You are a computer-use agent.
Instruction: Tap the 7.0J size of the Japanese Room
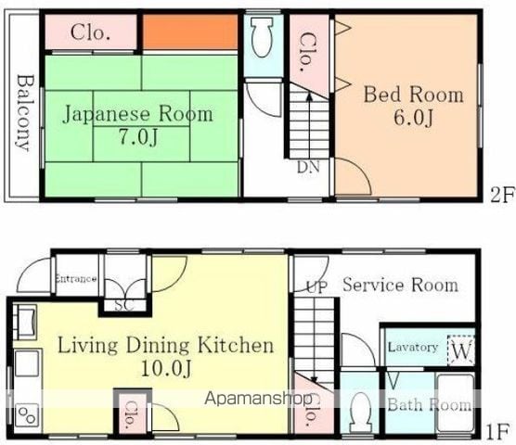(x=139, y=137)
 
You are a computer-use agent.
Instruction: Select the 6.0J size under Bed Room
(x=413, y=118)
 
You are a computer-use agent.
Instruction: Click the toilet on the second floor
(x=263, y=37)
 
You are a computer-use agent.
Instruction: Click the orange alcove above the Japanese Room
(x=190, y=32)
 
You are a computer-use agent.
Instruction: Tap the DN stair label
(x=308, y=167)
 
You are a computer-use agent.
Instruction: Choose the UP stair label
(x=316, y=287)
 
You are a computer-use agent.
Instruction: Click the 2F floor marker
(x=502, y=196)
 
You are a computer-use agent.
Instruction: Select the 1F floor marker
(x=497, y=432)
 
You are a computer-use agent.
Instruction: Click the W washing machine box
(x=461, y=350)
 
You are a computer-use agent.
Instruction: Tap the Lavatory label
(x=413, y=348)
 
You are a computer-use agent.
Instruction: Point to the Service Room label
(x=401, y=285)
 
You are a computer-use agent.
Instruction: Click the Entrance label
(x=76, y=279)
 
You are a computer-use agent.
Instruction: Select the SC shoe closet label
(x=124, y=306)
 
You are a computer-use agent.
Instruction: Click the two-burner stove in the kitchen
(x=27, y=414)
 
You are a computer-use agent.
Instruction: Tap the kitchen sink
(x=27, y=362)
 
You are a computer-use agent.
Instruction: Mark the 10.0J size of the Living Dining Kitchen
(x=166, y=369)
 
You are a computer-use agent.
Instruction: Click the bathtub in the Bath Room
(x=456, y=403)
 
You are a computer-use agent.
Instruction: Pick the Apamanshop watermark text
(x=258, y=399)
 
